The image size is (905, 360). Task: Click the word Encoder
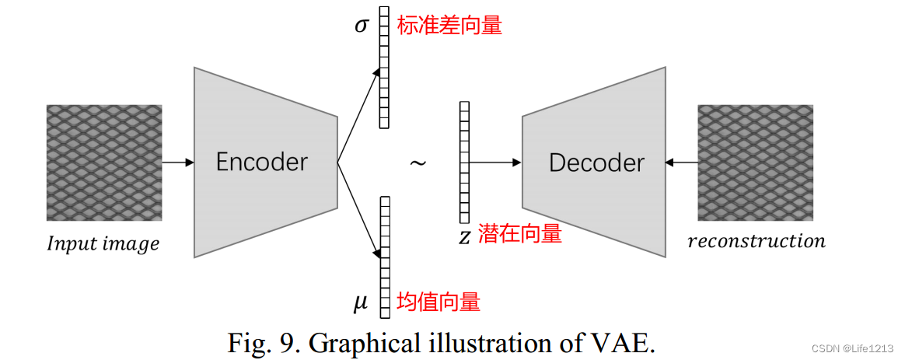262,162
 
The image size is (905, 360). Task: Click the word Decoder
596,163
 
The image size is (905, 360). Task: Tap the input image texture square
104,162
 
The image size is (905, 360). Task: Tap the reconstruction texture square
756,162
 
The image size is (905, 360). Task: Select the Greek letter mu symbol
360,302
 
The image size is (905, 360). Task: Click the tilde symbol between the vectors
418,164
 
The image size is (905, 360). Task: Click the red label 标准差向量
449,26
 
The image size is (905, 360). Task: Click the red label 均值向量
439,302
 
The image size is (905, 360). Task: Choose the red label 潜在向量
520,233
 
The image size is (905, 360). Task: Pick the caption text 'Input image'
103,243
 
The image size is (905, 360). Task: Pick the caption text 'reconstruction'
756,241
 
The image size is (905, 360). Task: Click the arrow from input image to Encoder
177,163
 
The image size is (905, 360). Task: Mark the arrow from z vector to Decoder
495,163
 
